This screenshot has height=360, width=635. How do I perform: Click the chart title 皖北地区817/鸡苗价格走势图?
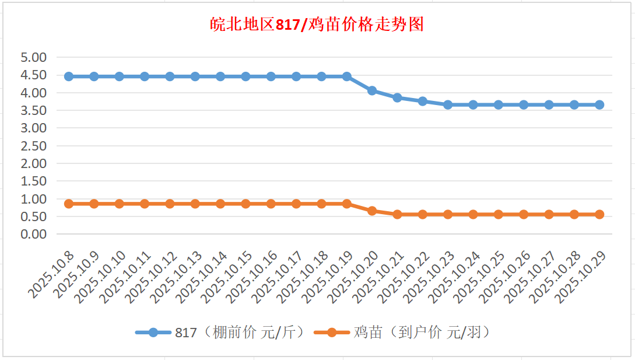click(x=317, y=25)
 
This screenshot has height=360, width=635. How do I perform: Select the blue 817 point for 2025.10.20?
click(x=372, y=90)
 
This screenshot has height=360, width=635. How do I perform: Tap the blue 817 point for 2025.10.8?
click(x=69, y=76)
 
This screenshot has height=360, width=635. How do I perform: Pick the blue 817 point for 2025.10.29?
click(x=599, y=104)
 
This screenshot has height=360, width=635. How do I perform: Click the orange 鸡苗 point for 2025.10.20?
click(x=372, y=211)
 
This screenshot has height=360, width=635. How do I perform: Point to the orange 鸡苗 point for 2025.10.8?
click(x=69, y=204)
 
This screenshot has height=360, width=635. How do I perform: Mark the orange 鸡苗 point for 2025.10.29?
click(x=599, y=214)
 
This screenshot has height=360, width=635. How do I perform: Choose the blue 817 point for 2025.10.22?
click(x=423, y=101)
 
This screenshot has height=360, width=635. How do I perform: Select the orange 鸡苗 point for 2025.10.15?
click(x=245, y=204)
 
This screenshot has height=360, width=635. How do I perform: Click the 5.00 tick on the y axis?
click(x=33, y=57)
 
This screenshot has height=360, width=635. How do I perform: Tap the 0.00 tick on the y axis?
click(x=33, y=234)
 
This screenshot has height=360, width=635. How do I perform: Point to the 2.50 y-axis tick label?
click(x=33, y=146)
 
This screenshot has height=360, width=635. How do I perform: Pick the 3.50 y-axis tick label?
click(x=33, y=110)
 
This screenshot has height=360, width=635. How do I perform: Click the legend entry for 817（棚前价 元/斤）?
click(x=220, y=333)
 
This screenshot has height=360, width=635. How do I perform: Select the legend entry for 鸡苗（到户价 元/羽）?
click(x=402, y=333)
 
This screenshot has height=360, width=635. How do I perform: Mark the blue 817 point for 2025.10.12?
click(x=170, y=76)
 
